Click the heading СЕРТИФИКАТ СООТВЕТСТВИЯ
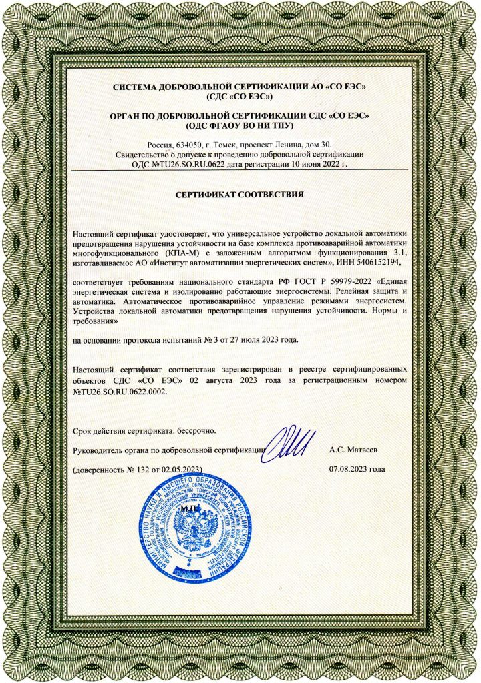tap(239, 195)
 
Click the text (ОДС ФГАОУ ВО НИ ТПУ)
tap(240, 125)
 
